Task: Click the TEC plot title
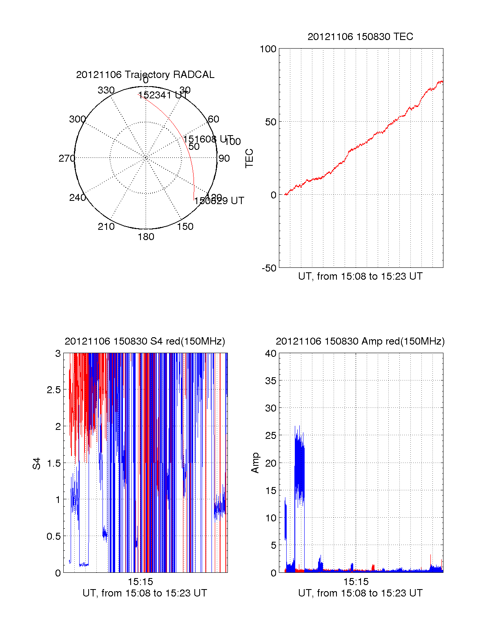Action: (x=360, y=37)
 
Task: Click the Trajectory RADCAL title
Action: (x=145, y=75)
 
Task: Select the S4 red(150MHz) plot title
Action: (x=145, y=341)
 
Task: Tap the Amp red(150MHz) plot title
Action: (x=360, y=341)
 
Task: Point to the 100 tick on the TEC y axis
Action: (x=268, y=49)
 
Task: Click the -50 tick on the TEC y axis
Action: (x=269, y=268)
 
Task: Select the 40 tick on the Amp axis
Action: (x=271, y=354)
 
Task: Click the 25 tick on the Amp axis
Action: (x=271, y=436)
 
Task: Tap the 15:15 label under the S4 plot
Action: (x=140, y=582)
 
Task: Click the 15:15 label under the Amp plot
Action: (x=356, y=582)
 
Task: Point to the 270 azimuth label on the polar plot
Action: (x=67, y=158)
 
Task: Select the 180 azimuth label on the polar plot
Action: (x=146, y=237)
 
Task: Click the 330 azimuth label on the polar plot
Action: (x=106, y=90)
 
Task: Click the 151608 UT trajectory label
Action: (x=208, y=139)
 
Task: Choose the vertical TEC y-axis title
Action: (x=249, y=158)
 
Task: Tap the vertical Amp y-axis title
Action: (x=255, y=463)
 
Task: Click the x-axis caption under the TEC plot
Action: (x=360, y=276)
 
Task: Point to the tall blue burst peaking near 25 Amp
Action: (x=300, y=465)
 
